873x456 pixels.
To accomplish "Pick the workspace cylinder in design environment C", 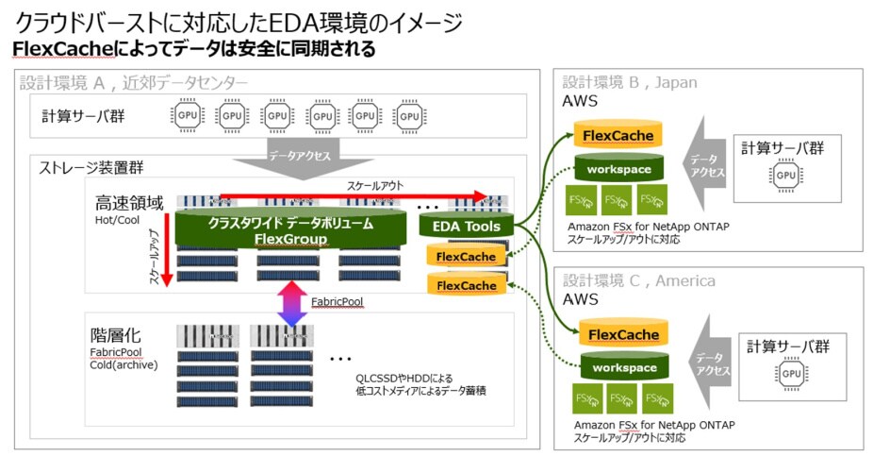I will [618, 367].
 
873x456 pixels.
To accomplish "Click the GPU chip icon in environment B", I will [783, 175].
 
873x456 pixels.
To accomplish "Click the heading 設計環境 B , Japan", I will [630, 82].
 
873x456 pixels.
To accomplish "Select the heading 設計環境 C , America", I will [638, 280].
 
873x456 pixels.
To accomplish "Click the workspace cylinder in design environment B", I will [618, 169].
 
